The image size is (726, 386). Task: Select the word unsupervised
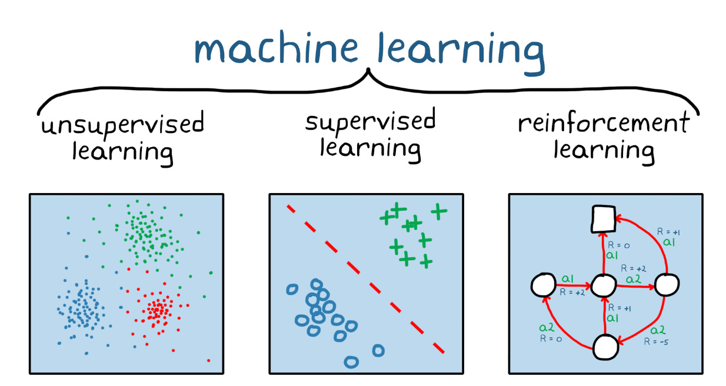click(122, 125)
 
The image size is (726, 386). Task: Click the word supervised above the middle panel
click(370, 122)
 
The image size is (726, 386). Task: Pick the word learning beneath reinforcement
click(604, 150)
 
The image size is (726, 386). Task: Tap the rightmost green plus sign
click(438, 211)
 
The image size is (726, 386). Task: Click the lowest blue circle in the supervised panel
click(351, 361)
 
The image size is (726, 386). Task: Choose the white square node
click(604, 219)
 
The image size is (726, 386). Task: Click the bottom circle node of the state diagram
click(605, 347)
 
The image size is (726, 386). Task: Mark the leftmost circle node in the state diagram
click(543, 286)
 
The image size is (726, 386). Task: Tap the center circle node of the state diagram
click(604, 287)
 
